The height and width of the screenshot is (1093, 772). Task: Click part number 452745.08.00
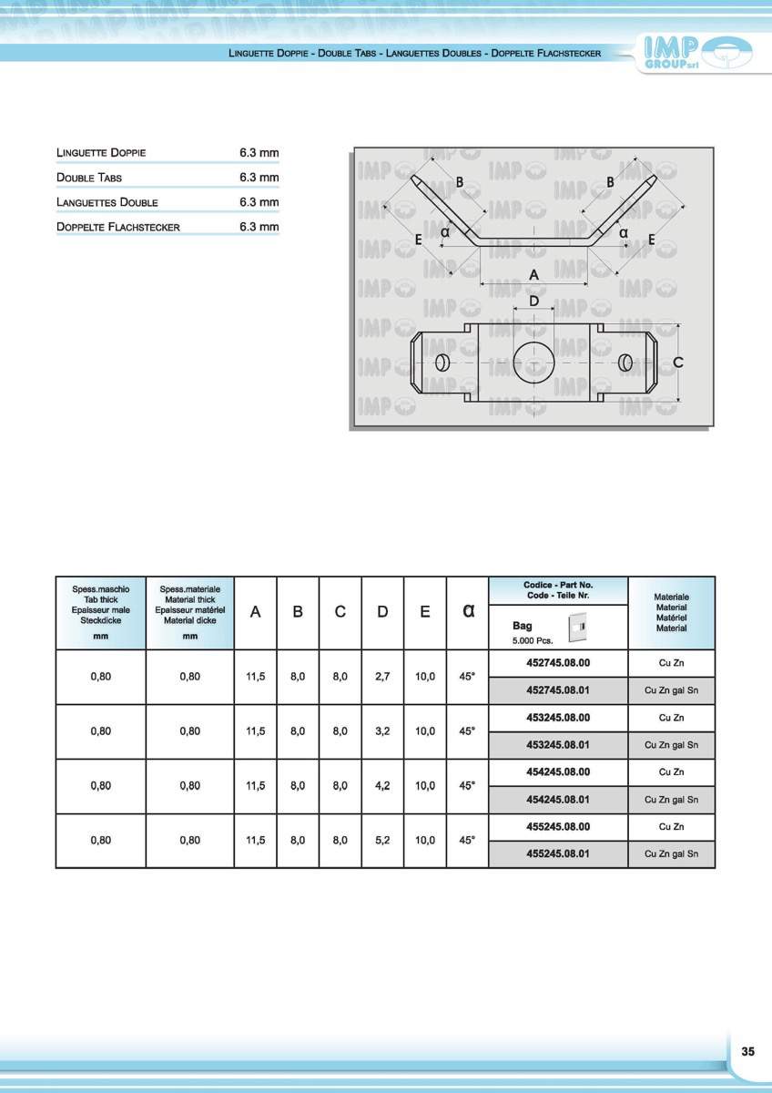(x=558, y=663)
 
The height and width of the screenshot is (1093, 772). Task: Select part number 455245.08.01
(x=558, y=854)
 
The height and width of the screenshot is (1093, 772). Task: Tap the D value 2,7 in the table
(x=382, y=677)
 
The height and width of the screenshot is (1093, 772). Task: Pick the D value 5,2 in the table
(x=382, y=841)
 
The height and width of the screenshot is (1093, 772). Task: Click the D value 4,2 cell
(x=382, y=786)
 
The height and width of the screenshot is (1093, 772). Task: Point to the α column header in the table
(x=468, y=612)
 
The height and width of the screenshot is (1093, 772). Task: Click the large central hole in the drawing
(x=533, y=363)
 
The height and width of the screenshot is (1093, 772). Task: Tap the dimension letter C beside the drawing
(x=678, y=363)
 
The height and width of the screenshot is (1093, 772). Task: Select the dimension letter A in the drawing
(x=533, y=274)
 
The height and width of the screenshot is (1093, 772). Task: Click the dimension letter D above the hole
(x=533, y=301)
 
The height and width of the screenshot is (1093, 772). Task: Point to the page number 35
(x=747, y=1051)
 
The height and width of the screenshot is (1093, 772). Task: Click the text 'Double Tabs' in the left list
(x=89, y=178)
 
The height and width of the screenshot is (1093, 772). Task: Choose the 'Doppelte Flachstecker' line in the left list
(x=118, y=227)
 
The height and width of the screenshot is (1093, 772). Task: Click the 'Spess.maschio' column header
(x=101, y=590)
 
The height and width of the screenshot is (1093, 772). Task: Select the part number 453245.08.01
(x=558, y=745)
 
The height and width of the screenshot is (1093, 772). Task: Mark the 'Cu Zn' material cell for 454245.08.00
(x=671, y=772)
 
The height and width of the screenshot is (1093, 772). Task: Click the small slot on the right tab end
(x=625, y=363)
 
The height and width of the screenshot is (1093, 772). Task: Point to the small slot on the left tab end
(x=442, y=363)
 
